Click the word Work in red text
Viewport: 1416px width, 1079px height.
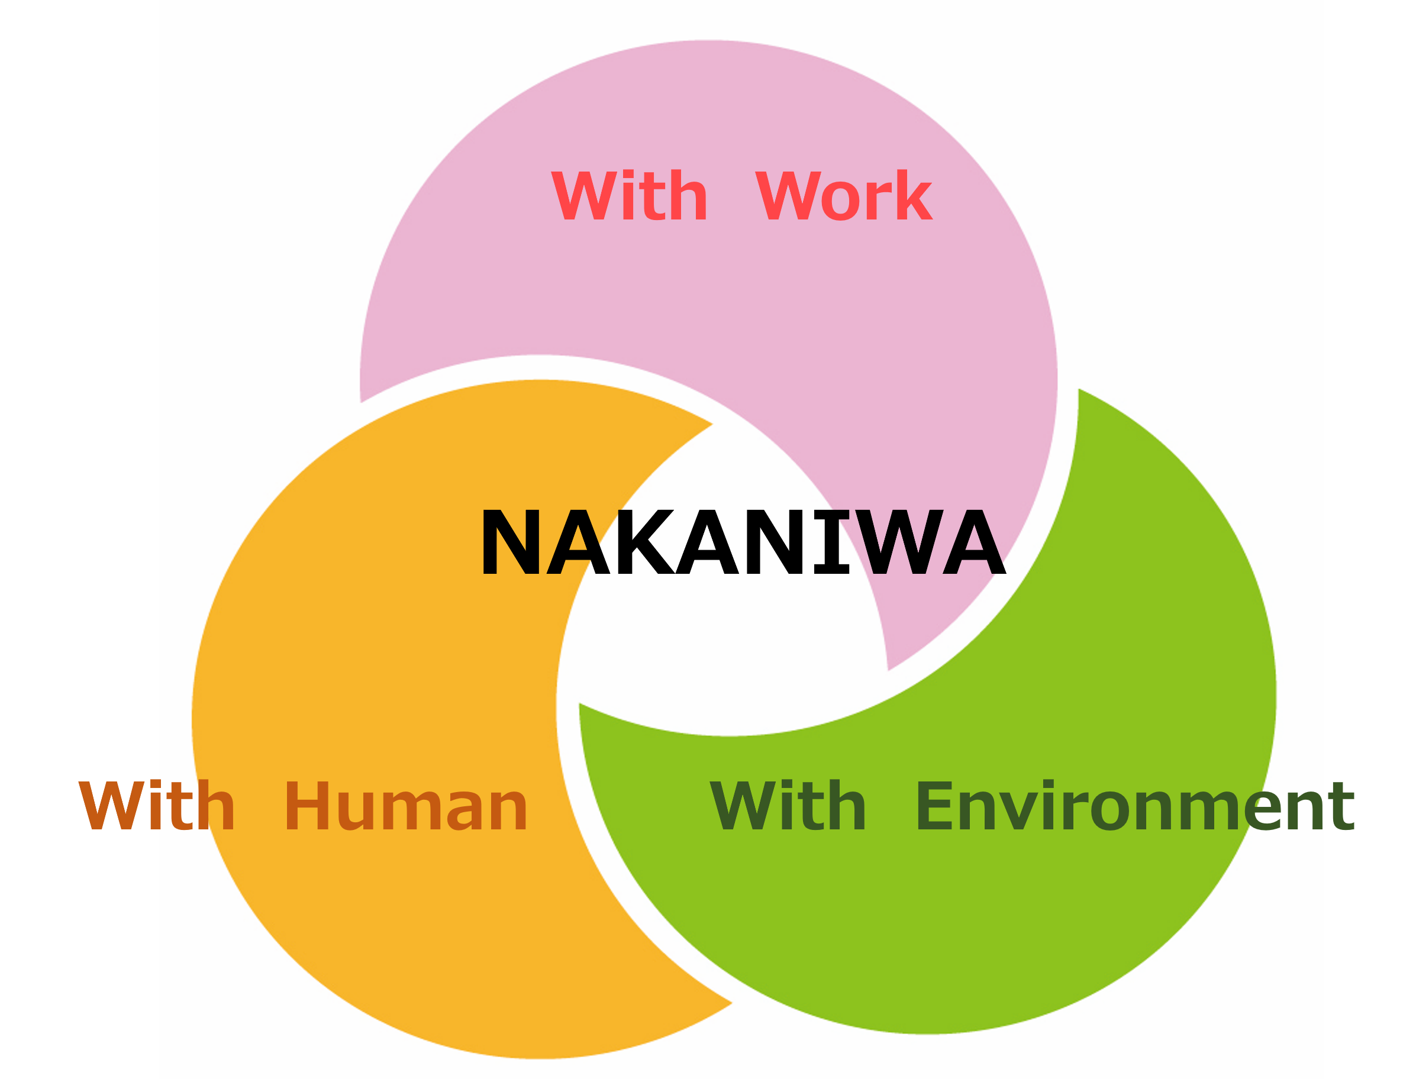pyautogui.click(x=844, y=196)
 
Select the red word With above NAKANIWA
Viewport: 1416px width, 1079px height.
pyautogui.click(x=629, y=196)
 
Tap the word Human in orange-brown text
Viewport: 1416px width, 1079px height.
pyautogui.click(x=406, y=806)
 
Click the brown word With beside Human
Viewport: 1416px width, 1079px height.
pyautogui.click(x=157, y=806)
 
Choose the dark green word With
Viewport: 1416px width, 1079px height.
pyautogui.click(x=788, y=806)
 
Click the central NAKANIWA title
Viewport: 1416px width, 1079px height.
pyautogui.click(x=743, y=542)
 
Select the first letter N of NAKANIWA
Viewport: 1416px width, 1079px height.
pyautogui.click(x=510, y=542)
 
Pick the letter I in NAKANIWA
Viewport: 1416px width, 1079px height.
pyautogui.click(x=831, y=542)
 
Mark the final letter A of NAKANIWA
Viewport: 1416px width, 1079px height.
pyautogui.click(x=974, y=542)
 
